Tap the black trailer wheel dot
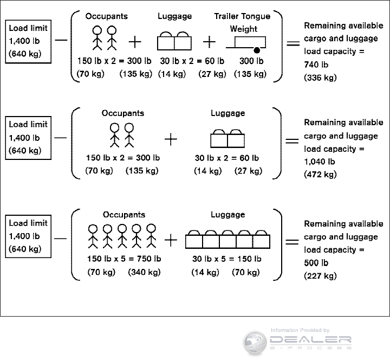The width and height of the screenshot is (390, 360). point(256,50)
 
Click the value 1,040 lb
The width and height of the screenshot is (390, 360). point(320,162)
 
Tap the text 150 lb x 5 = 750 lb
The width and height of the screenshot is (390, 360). point(124,259)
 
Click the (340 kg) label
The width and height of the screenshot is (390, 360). point(145,272)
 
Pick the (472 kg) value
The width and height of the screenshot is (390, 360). point(320,175)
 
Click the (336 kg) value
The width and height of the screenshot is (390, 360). point(320,78)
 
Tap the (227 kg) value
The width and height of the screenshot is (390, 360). point(320,276)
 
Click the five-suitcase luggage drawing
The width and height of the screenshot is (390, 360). point(227,239)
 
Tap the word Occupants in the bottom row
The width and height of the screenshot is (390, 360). point(124,215)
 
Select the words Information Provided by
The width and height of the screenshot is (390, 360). point(300,330)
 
